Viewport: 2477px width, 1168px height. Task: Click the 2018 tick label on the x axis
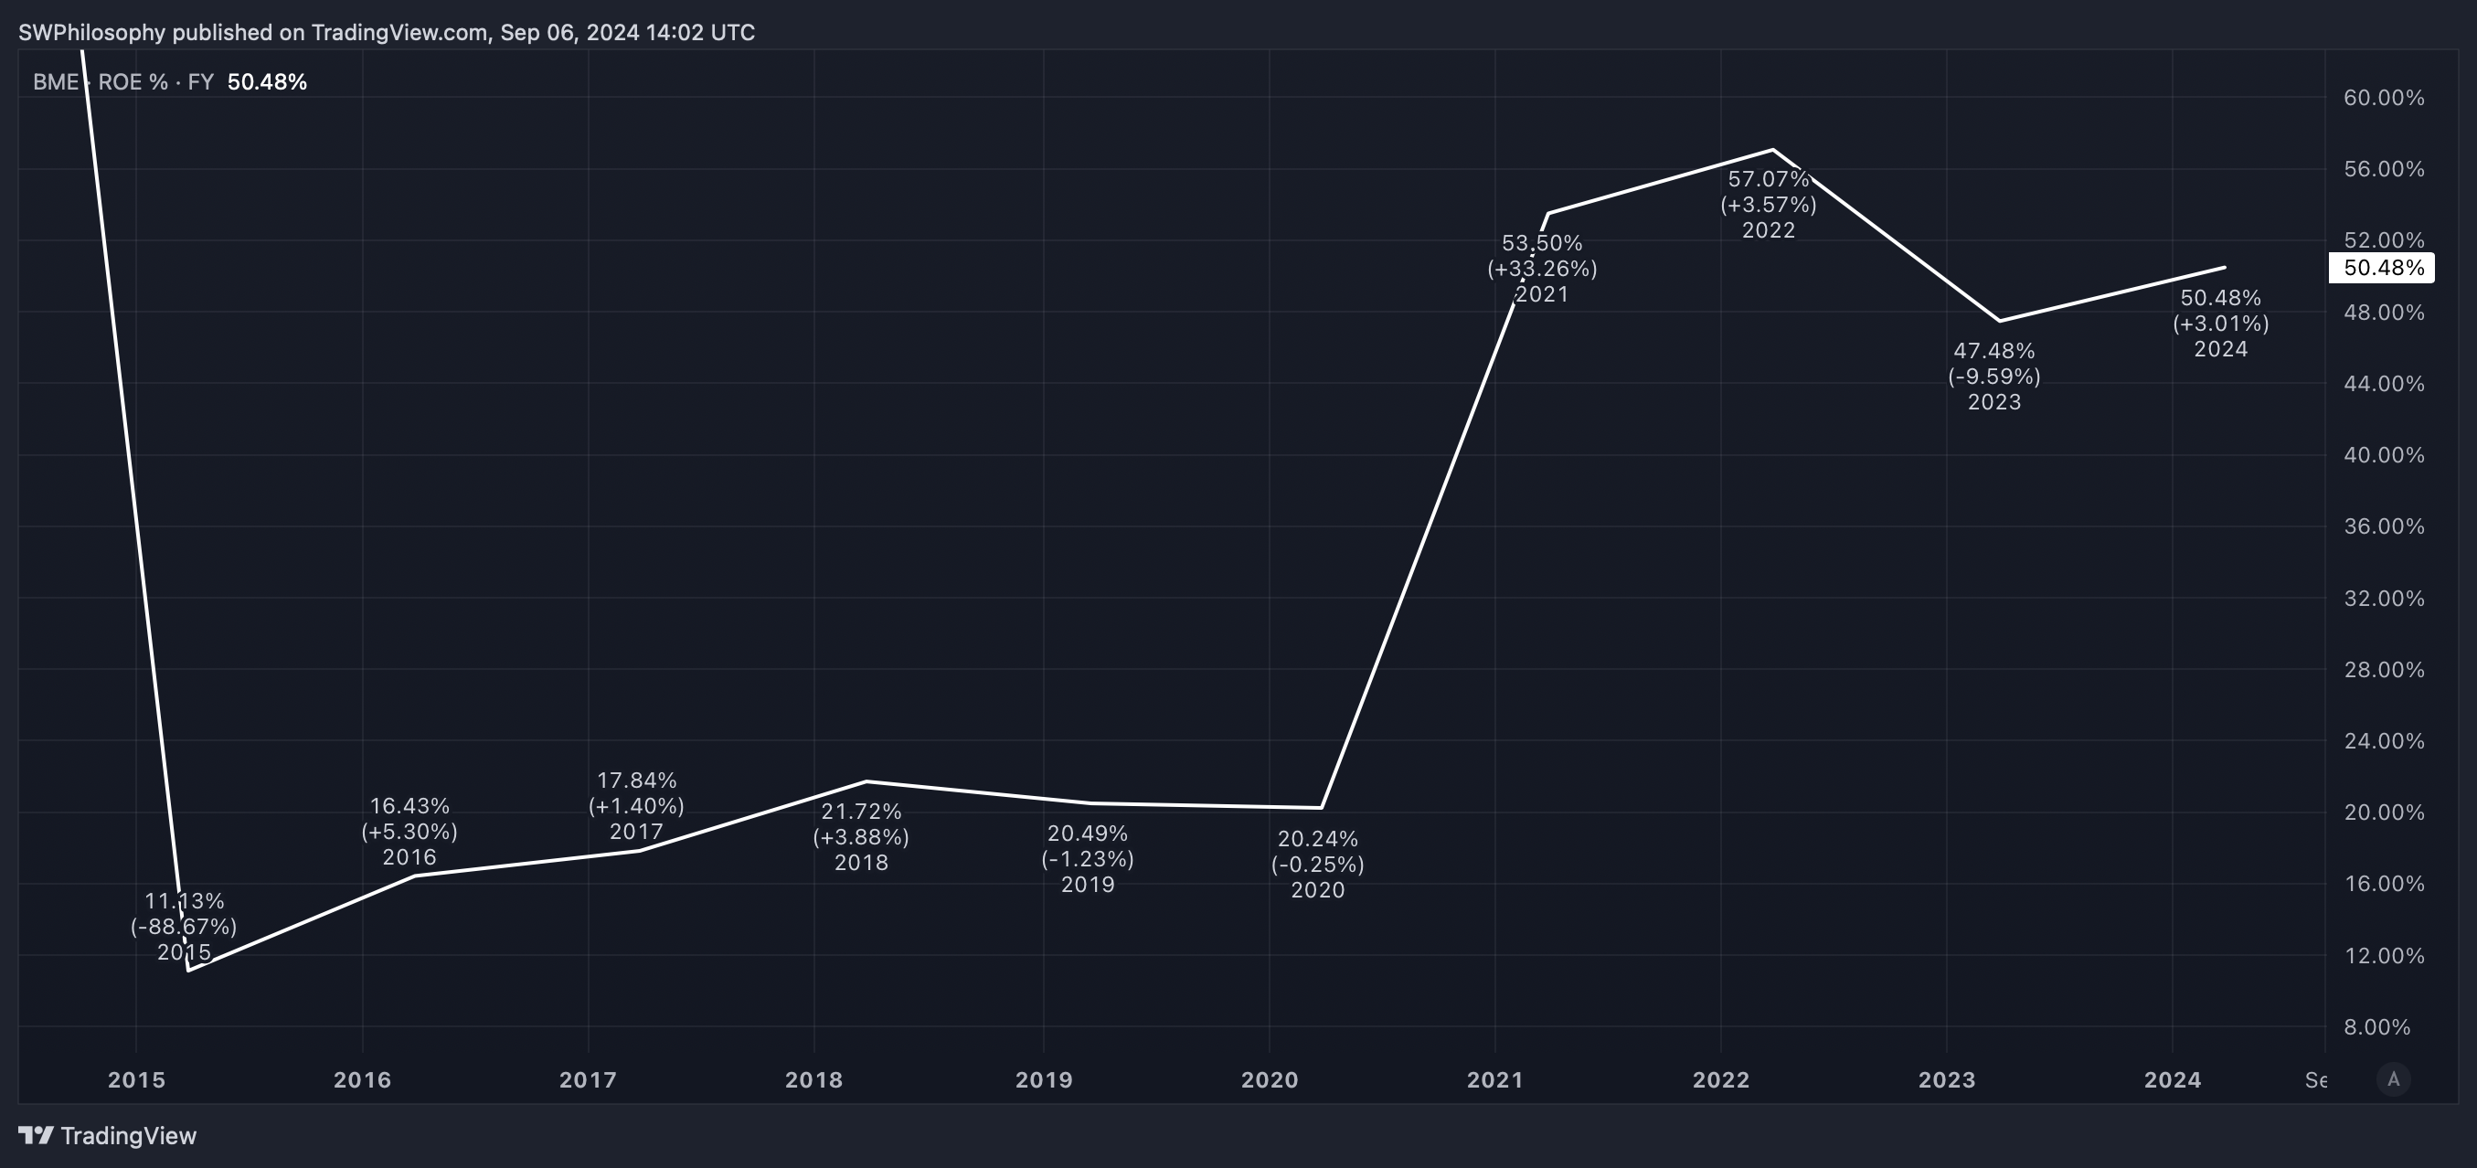point(813,1079)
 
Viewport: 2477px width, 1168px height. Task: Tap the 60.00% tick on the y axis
point(2384,97)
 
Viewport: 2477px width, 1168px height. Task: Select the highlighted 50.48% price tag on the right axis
point(2381,267)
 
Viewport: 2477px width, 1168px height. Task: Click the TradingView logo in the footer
point(108,1136)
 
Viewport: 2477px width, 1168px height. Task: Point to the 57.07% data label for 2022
point(1769,179)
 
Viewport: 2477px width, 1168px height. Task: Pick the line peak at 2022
point(1772,149)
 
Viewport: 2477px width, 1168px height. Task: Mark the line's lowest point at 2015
point(188,970)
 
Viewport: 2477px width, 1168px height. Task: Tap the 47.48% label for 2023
point(1994,351)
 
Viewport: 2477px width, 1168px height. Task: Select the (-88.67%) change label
point(184,927)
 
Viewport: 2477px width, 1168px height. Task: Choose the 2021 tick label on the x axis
point(1495,1079)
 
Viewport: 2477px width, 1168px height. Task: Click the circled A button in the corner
point(2393,1079)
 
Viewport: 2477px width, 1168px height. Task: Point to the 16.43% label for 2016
point(409,805)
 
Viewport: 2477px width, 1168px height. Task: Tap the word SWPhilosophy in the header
point(92,33)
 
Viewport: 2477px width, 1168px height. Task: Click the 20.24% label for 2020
point(1317,839)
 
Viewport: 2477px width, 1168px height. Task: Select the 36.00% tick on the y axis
point(2384,526)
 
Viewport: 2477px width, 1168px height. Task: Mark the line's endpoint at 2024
point(2225,267)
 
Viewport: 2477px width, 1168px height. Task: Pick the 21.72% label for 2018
point(861,812)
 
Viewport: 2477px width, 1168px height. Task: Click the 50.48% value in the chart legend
point(267,81)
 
